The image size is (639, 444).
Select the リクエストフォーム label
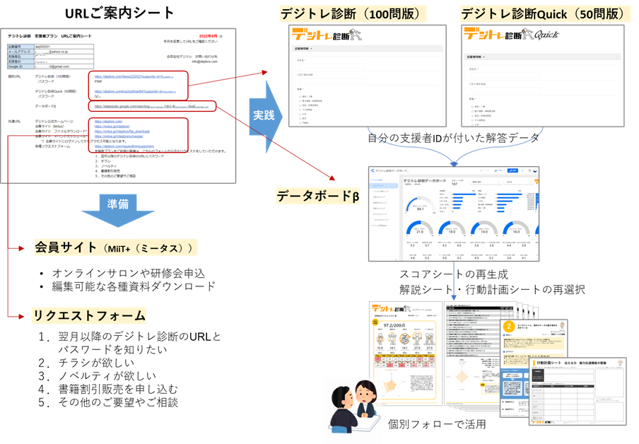(88, 315)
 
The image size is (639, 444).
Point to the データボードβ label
(317, 196)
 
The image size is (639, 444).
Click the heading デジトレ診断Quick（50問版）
(544, 13)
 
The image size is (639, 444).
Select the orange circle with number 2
(509, 326)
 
